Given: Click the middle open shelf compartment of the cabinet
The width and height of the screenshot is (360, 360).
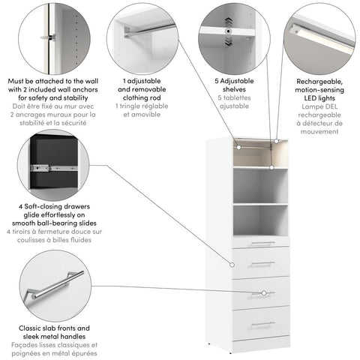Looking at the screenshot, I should [x=260, y=186].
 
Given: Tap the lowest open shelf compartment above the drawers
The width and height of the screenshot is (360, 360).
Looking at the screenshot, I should [x=260, y=219].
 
